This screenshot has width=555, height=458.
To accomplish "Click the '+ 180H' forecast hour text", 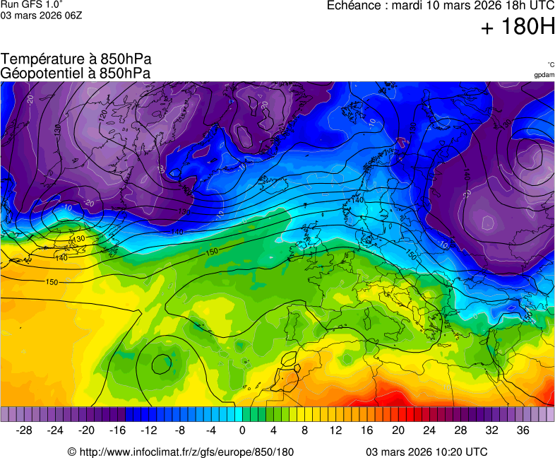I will point(518,27).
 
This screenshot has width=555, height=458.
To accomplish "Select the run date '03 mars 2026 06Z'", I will point(41,16).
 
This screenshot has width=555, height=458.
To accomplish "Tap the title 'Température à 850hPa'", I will point(76,59).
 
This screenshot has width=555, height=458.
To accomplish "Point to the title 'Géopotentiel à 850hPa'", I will point(76,73).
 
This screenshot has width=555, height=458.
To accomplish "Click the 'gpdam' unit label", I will point(544,75).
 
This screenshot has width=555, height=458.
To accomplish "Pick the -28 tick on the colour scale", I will point(24,430).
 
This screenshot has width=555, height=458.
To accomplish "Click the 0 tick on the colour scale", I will point(242,430).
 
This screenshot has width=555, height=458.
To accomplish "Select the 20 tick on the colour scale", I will point(398,430).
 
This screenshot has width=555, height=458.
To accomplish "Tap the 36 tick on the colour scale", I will point(523,430).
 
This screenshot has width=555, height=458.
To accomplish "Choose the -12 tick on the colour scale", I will point(148,430).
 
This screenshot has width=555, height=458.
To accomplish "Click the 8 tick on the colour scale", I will point(304,430).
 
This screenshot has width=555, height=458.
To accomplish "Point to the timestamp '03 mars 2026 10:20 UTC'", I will point(426,452).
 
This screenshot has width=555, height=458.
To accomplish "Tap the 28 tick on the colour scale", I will point(460,430).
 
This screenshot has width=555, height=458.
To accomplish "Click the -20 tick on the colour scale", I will point(86,430).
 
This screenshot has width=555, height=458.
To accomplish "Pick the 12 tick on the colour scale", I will point(335,430).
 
